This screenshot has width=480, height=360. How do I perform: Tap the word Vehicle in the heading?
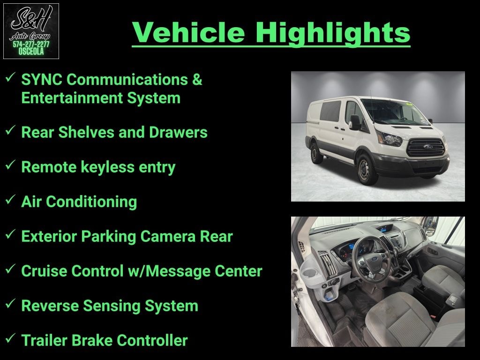pyautogui.click(x=188, y=32)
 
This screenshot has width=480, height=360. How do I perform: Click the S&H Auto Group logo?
pyautogui.click(x=31, y=31)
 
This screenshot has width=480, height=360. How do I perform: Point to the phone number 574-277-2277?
pyautogui.click(x=31, y=44)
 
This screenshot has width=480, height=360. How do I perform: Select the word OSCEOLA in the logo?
pyautogui.click(x=31, y=52)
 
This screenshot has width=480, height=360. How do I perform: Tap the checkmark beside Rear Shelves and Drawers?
pyautogui.click(x=10, y=130)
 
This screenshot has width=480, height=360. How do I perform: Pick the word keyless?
pyautogui.click(x=107, y=167)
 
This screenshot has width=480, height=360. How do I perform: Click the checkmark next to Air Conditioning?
pyautogui.click(x=10, y=199)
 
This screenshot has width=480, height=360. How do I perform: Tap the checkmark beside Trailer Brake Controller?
pyautogui.click(x=10, y=338)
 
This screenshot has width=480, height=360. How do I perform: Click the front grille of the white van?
pyautogui.click(x=426, y=147)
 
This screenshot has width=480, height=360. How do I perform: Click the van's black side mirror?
pyautogui.click(x=355, y=122)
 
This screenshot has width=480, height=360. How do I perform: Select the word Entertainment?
pyautogui.click(x=71, y=98)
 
